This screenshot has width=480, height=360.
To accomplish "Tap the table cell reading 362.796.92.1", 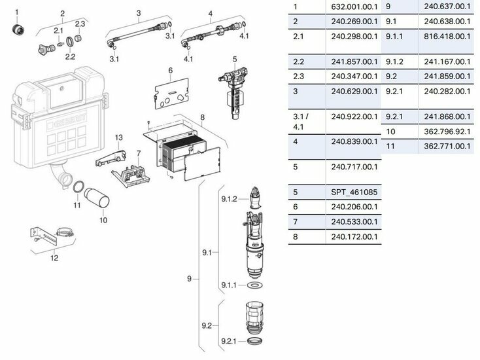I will pyautogui.click(x=447, y=132).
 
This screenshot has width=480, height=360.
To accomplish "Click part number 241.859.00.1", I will pyautogui.click(x=447, y=77).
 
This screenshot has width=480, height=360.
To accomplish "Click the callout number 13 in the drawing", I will pyautogui.click(x=119, y=137).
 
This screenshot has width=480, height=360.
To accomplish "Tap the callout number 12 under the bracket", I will pyautogui.click(x=54, y=257).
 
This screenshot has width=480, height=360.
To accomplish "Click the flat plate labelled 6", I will pyautogui.click(x=169, y=94).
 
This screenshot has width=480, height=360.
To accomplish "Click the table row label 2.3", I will pyautogui.click(x=299, y=77).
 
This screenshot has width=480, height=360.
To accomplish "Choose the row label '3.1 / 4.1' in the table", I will pyautogui.click(x=301, y=121).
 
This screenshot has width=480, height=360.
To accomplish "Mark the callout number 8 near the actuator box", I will pyautogui.click(x=203, y=118).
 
